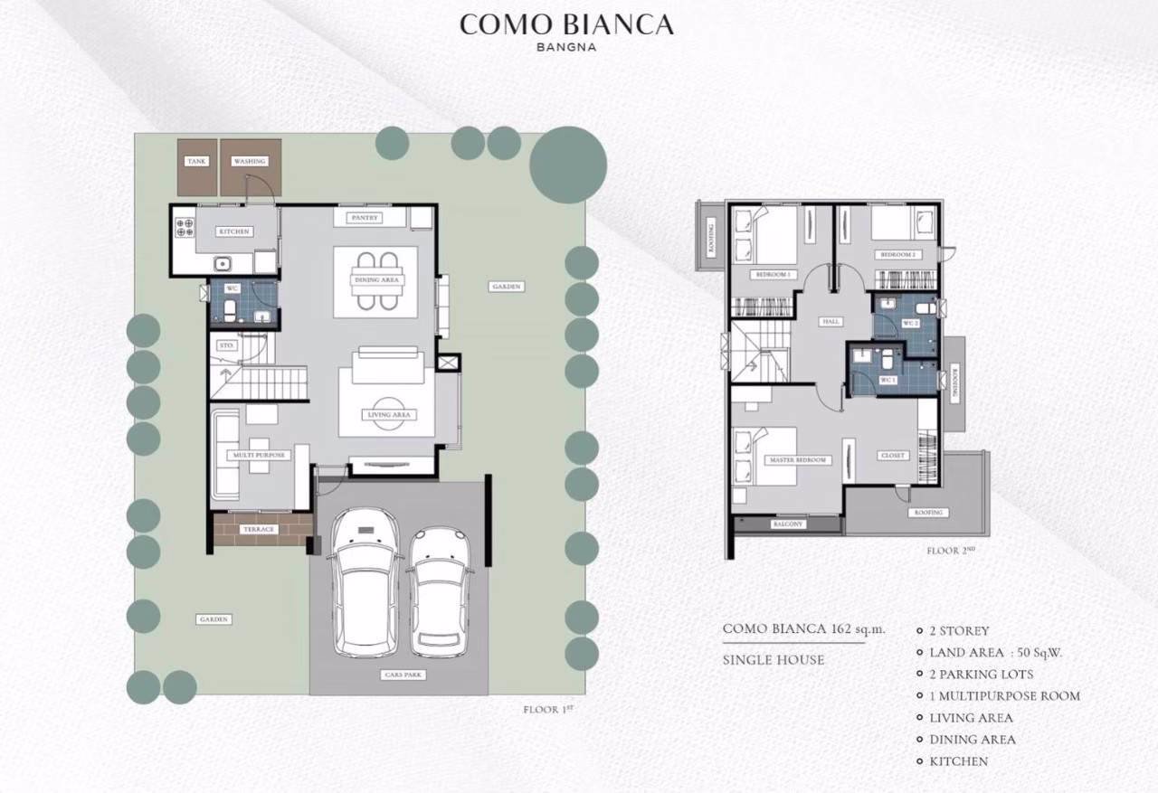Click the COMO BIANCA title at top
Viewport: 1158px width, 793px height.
pos(566,24)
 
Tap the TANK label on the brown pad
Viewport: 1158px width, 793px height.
pos(196,162)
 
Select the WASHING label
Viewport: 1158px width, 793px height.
pos(250,162)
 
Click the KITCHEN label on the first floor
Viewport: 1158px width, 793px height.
pos(233,232)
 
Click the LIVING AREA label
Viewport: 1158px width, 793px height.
pos(390,415)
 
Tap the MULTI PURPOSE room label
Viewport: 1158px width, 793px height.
pos(260,455)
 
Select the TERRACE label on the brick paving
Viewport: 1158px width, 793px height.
pos(259,529)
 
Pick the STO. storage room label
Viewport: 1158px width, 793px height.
pos(227,345)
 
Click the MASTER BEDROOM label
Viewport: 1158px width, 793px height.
pos(798,460)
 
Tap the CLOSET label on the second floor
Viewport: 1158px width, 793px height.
pos(893,456)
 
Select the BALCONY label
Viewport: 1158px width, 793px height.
pos(787,524)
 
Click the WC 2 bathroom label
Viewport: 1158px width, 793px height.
pos(910,323)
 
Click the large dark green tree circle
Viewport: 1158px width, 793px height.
pos(567,165)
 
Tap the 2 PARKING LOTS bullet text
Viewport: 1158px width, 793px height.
pos(981,675)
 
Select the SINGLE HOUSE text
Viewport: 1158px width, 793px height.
pos(774,660)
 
